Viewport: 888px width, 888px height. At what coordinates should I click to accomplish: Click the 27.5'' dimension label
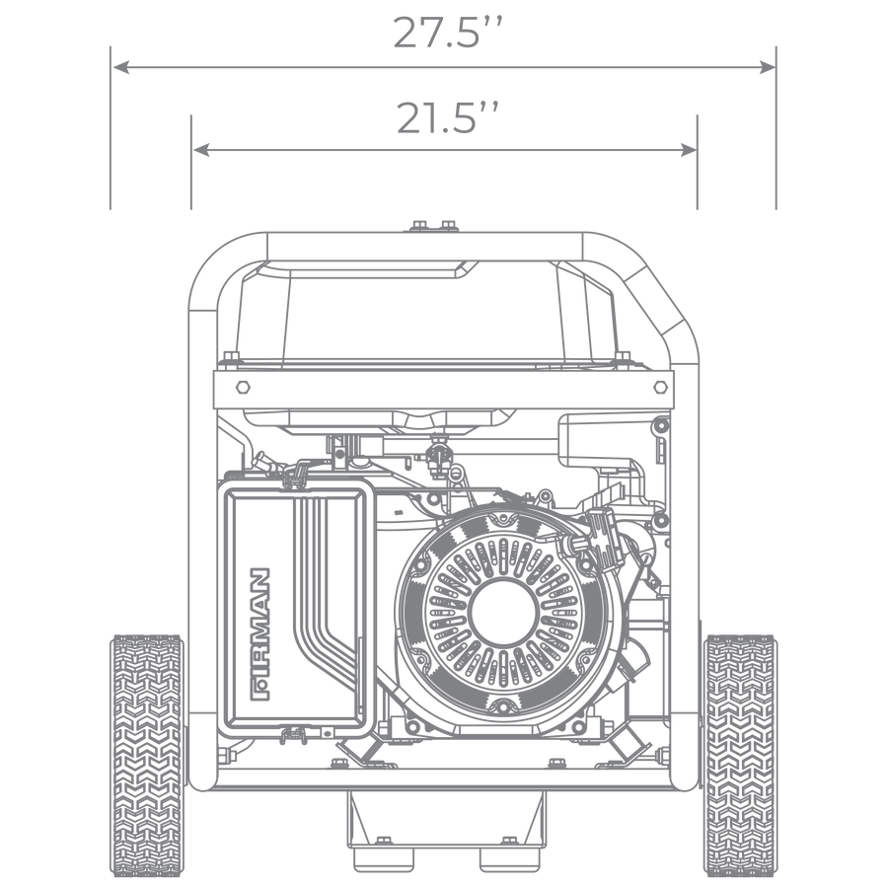click(x=447, y=33)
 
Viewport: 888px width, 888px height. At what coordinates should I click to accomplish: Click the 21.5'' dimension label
click(x=447, y=118)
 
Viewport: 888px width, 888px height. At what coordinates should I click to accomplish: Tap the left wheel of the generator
click(x=147, y=755)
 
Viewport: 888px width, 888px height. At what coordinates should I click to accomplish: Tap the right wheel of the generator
click(x=740, y=755)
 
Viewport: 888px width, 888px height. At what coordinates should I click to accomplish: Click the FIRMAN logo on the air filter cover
click(x=259, y=634)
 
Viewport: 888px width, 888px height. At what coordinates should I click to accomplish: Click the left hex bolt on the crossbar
click(x=243, y=388)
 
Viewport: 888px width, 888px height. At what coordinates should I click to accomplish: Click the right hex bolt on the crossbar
click(x=660, y=388)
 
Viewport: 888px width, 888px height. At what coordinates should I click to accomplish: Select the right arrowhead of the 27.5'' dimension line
click(x=767, y=67)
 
